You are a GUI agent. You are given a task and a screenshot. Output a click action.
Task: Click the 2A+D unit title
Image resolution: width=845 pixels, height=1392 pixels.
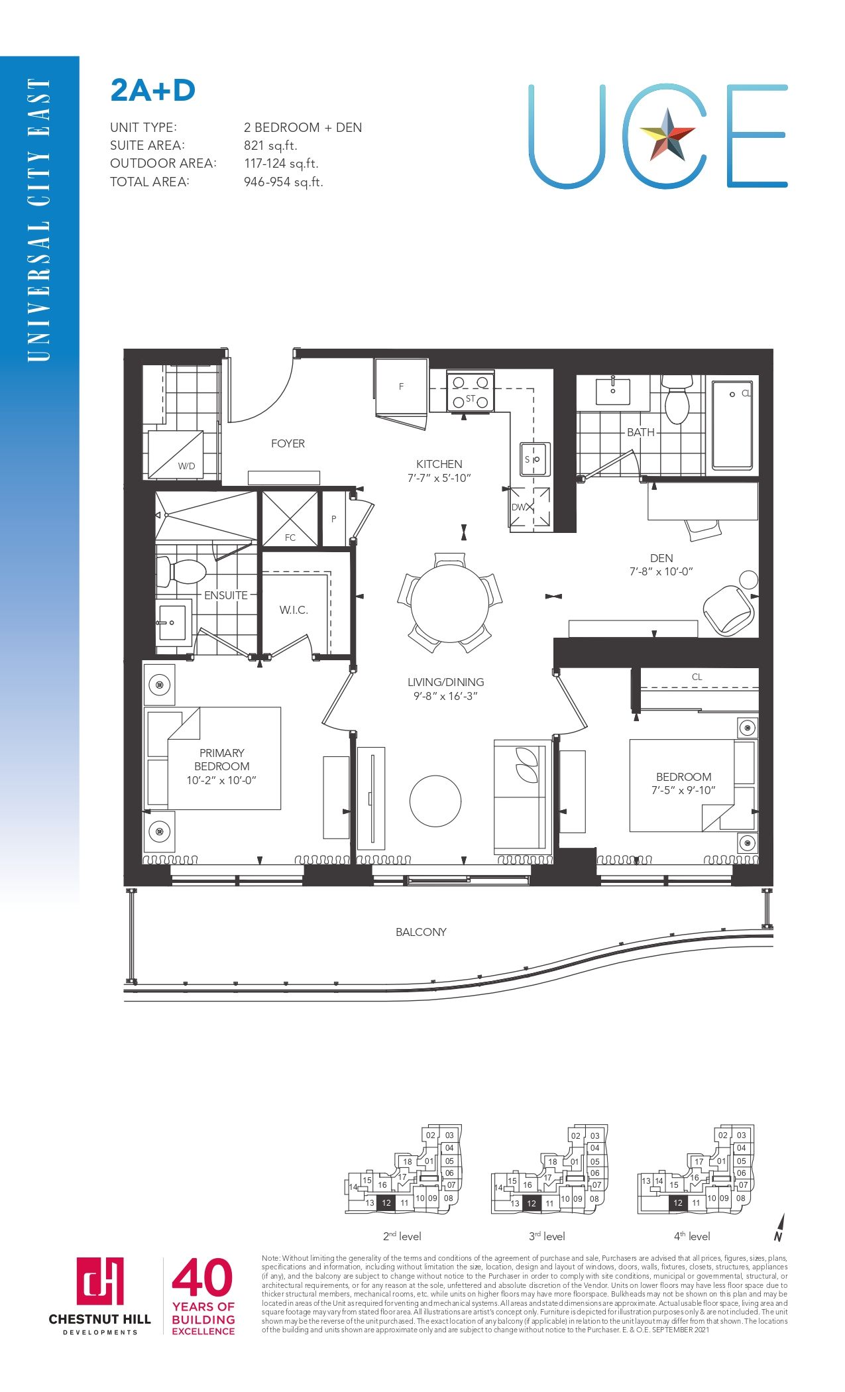[153, 91]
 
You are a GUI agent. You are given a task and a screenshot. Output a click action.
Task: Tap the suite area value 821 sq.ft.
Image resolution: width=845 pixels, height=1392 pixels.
[270, 146]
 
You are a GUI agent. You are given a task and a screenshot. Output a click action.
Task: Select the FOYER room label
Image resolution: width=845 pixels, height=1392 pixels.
[288, 443]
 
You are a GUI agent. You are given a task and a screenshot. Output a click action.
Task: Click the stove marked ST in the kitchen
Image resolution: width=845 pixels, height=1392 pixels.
[471, 392]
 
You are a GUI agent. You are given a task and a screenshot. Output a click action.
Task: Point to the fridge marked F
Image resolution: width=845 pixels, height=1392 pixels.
[401, 388]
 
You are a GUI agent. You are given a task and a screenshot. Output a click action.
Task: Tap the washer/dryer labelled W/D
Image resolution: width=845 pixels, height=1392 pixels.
[176, 455]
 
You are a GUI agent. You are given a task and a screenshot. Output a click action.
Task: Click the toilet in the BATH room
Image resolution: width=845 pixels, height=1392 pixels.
[677, 399]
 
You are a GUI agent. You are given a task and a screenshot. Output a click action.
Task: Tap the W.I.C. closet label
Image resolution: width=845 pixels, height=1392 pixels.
[294, 610]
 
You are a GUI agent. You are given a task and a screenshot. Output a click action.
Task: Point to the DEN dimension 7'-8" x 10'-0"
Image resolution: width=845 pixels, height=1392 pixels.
[661, 571]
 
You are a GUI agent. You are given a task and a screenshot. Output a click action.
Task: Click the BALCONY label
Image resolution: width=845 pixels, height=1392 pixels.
[421, 932]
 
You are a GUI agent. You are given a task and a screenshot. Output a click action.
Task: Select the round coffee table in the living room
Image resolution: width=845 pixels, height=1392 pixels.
[435, 801]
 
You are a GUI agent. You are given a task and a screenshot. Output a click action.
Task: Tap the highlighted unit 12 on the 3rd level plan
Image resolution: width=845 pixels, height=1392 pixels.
[531, 1203]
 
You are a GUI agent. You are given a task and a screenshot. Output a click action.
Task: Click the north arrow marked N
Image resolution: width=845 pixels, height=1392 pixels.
[779, 1227]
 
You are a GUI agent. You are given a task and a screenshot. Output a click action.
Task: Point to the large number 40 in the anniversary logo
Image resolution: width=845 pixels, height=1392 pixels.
[202, 1277]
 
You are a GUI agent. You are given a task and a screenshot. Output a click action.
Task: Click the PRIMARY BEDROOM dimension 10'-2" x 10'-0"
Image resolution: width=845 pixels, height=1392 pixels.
[221, 780]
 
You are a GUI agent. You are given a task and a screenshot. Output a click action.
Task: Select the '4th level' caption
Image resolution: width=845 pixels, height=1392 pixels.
[692, 1236]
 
